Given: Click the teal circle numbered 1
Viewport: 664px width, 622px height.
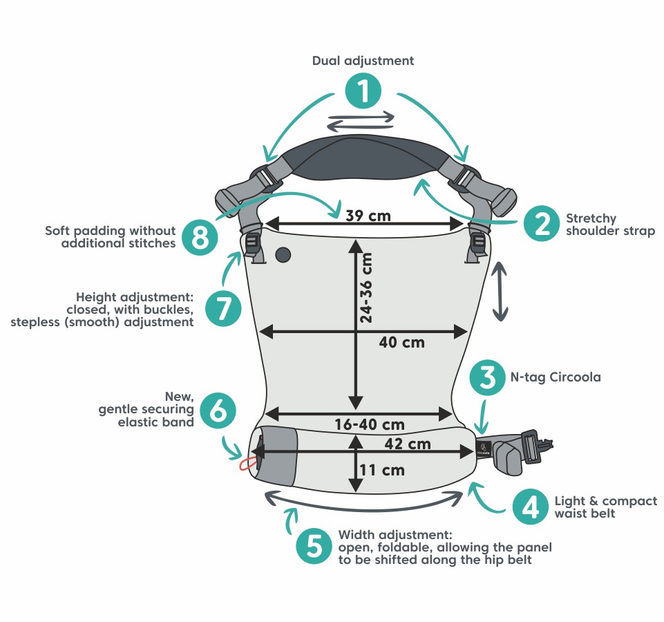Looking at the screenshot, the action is tap(363, 91).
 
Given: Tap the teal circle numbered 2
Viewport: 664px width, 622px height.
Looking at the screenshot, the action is tap(542, 224).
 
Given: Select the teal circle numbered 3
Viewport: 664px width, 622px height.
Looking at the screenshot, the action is tap(487, 377).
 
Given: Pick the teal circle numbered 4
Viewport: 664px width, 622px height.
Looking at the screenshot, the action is tap(531, 507).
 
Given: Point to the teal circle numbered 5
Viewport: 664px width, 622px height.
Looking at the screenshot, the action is tap(314, 546).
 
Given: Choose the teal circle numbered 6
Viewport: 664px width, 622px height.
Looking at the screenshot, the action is tap(218, 411).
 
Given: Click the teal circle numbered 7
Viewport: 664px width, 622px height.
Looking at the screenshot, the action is tap(224, 308).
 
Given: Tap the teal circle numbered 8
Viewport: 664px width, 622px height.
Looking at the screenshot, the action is tap(200, 237).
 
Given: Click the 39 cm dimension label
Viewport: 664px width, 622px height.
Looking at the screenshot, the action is tap(368, 216).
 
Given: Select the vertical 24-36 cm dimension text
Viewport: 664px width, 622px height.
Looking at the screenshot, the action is tap(366, 288).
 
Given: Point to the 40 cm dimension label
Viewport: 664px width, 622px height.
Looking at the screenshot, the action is tap(401, 342).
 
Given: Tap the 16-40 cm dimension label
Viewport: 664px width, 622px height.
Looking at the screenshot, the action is tap(369, 424).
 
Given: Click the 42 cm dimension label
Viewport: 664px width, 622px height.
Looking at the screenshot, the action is tap(408, 444).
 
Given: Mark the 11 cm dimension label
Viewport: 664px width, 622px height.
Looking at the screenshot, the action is tap(382, 470).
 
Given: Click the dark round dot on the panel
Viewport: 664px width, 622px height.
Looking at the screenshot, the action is tap(283, 255).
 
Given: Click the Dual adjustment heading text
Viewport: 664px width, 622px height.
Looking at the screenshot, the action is tap(363, 61).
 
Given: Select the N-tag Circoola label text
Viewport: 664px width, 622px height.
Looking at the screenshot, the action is tap(556, 377).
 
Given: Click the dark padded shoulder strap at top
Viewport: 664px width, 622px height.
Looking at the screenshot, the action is tap(365, 158).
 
